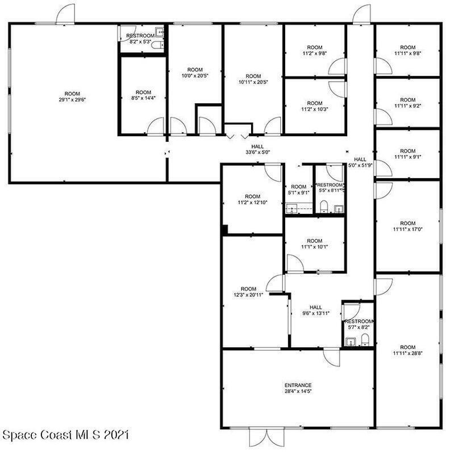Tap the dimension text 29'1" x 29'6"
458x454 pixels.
pyautogui.click(x=72, y=100)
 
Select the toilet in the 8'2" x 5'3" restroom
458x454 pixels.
pyautogui.click(x=158, y=45)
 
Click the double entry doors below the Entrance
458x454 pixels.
pyautogui.click(x=267, y=437)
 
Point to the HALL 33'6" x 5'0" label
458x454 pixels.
pyautogui.click(x=257, y=149)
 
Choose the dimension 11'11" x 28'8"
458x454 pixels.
pyautogui.click(x=408, y=353)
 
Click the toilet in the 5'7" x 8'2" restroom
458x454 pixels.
pyautogui.click(x=365, y=340)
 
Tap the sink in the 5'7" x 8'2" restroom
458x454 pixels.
pyautogui.click(x=350, y=342)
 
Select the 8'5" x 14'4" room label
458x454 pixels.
pyautogui.click(x=143, y=95)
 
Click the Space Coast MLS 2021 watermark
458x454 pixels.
pyautogui.click(x=65, y=435)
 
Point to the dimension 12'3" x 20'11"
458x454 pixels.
pyautogui.click(x=248, y=295)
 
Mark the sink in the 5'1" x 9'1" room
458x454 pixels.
pyautogui.click(x=292, y=209)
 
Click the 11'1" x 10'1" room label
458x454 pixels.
pyautogui.click(x=315, y=244)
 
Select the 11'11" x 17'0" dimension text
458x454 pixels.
pyautogui.click(x=408, y=229)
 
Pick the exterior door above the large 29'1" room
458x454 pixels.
pyautogui.click(x=65, y=14)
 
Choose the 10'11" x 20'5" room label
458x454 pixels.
pyautogui.click(x=253, y=79)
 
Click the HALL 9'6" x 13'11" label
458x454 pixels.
pyautogui.click(x=316, y=310)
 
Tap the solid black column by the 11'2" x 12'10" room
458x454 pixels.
pyautogui.click(x=225, y=230)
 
